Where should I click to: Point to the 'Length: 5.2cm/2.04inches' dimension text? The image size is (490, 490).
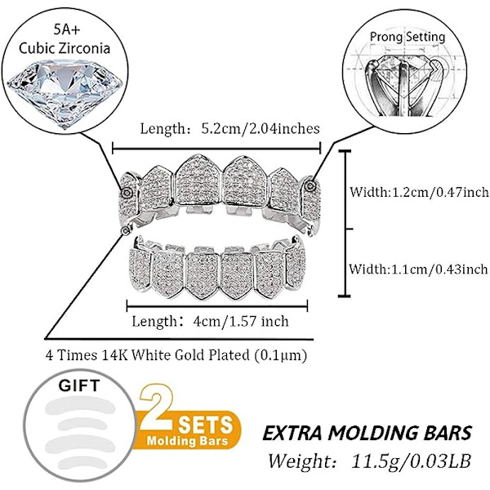[229, 128]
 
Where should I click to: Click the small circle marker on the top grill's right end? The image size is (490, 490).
[311, 186]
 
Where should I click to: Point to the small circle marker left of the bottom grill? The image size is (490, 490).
[124, 230]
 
